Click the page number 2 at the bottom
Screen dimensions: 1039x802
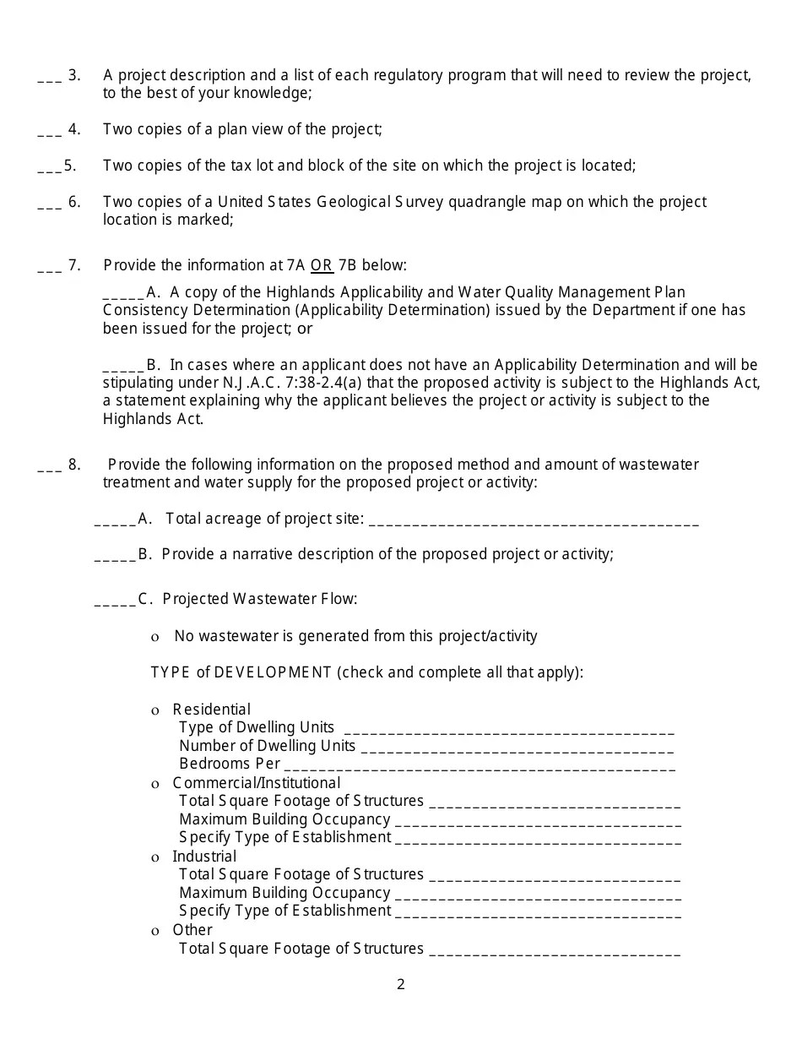click(x=401, y=984)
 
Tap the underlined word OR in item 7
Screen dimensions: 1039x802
click(x=322, y=265)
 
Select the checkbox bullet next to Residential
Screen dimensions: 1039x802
click(x=154, y=710)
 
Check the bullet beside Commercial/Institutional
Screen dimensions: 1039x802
click(x=154, y=784)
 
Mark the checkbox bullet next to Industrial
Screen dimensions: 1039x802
click(x=154, y=857)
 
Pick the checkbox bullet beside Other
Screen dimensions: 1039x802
click(x=154, y=931)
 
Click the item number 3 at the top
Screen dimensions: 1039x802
click(x=74, y=75)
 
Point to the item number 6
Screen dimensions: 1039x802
click(x=74, y=202)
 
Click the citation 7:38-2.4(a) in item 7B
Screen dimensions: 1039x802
click(x=334, y=383)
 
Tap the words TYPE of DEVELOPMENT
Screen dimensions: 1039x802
click(x=241, y=672)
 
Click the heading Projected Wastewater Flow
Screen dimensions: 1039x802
click(x=260, y=599)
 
